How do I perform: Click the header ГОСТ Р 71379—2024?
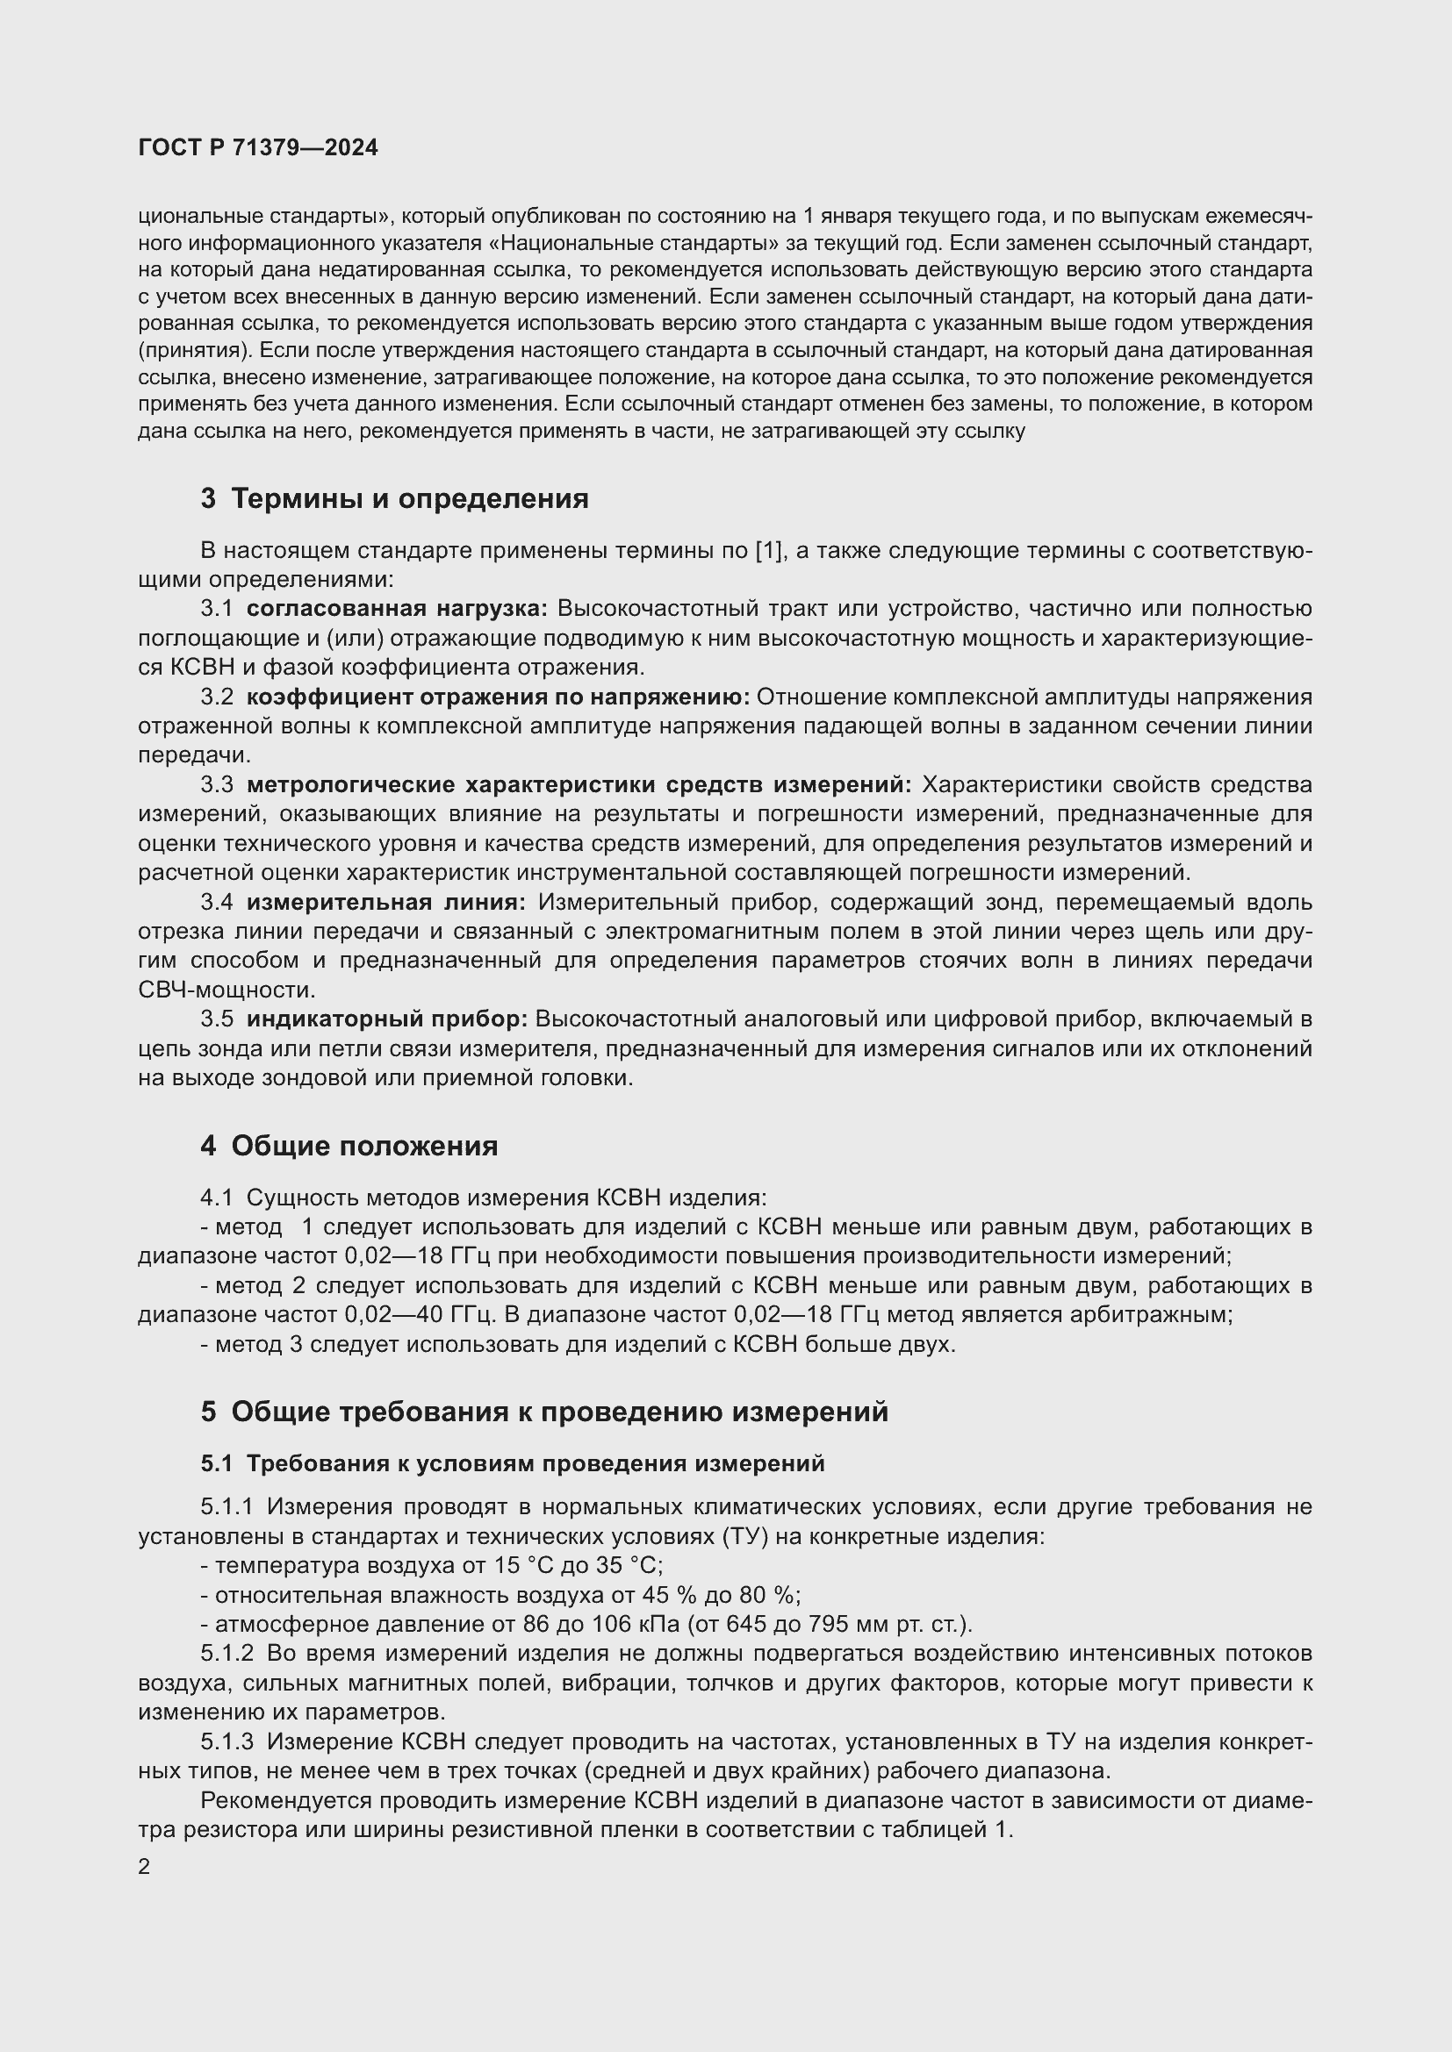pos(258,148)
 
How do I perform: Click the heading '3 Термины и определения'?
pos(394,498)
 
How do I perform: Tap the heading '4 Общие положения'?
pos(349,1146)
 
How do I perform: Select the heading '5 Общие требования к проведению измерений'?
pos(544,1412)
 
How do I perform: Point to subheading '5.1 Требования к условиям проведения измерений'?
pos(513,1463)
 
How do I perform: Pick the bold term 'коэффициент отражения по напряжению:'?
pos(498,697)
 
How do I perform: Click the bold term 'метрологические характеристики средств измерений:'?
pos(579,784)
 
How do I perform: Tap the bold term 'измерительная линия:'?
pos(386,903)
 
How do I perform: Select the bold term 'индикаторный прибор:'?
pos(387,1019)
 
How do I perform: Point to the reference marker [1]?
pos(769,551)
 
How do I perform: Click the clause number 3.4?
pos(216,903)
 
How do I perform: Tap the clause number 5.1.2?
pos(227,1654)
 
